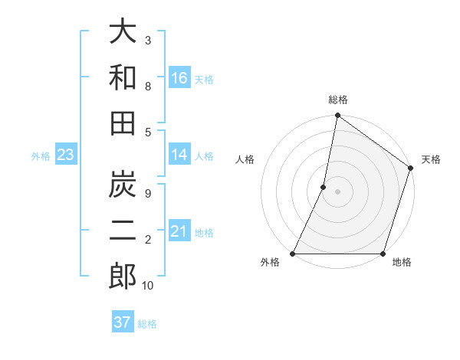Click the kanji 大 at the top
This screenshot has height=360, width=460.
123,33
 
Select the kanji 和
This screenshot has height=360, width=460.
123,77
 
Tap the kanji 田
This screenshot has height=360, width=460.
123,123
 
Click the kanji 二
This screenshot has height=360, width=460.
123,231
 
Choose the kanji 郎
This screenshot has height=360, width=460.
123,276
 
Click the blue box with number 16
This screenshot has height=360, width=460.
179,78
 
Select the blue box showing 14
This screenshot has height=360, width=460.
179,155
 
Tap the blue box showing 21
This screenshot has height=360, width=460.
179,231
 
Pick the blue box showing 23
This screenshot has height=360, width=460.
65,155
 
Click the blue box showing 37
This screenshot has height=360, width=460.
122,322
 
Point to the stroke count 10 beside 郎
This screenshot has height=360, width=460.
148,286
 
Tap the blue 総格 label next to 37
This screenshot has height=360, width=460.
148,324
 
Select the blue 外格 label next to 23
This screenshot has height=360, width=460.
41,156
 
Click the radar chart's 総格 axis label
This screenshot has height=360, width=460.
337,100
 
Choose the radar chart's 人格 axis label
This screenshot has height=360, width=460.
245,159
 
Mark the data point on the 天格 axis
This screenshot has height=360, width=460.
411,169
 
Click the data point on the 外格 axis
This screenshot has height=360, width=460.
293,254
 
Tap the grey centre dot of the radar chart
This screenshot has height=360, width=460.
337,191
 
